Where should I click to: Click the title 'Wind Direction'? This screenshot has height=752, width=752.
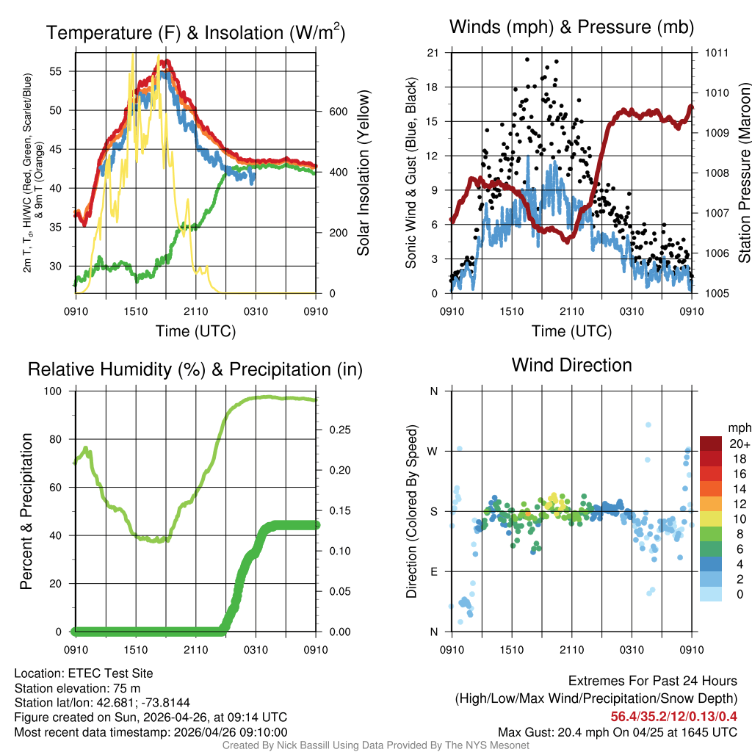pyautogui.click(x=571, y=365)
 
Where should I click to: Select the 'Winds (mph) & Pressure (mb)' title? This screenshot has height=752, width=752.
pyautogui.click(x=571, y=27)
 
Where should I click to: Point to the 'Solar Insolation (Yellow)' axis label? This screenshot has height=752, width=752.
pyautogui.click(x=363, y=173)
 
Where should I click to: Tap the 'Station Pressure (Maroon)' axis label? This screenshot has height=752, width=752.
pyautogui.click(x=744, y=173)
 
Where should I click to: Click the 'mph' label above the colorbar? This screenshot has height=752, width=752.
pyautogui.click(x=738, y=427)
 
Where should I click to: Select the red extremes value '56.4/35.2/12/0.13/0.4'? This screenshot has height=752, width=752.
pyautogui.click(x=674, y=716)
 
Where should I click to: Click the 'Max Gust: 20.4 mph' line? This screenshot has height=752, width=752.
pyautogui.click(x=617, y=731)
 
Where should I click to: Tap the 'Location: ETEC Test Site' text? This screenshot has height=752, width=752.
pyautogui.click(x=84, y=673)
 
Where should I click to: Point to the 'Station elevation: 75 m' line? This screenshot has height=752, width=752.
pyautogui.click(x=77, y=688)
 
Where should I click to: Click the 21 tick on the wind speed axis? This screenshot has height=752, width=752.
pyautogui.click(x=433, y=53)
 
